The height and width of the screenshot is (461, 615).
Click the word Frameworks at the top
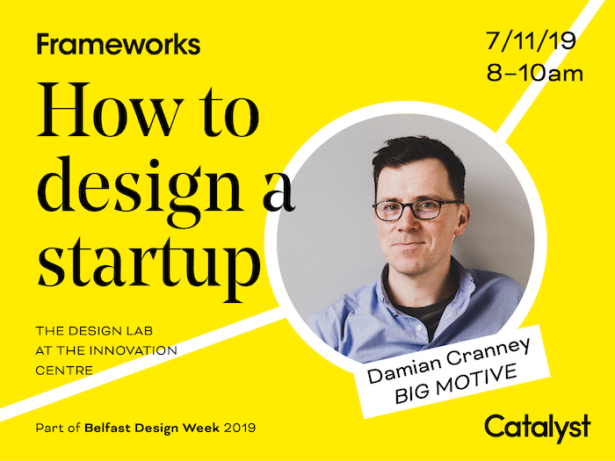pos(119,44)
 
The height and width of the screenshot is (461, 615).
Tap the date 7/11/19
pos(531,40)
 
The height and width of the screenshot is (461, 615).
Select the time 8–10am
pos(535,73)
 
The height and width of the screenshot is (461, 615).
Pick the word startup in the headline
pos(149,267)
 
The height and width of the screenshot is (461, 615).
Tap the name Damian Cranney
pos(449,360)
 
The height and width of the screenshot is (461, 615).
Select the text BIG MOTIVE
pos(456,384)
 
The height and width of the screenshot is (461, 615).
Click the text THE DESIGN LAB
pos(94,331)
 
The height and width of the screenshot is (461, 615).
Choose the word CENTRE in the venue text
pos(64,370)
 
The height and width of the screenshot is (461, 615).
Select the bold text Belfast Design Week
pos(152,428)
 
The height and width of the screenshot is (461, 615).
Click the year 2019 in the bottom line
pos(240,428)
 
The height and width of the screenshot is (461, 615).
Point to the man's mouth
pos(408,245)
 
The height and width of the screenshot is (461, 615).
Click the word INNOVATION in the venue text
pos(134,350)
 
